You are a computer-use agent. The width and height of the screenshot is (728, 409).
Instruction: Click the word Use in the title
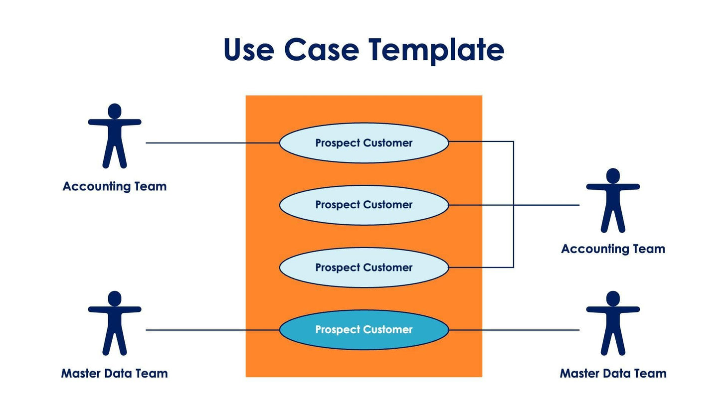click(248, 50)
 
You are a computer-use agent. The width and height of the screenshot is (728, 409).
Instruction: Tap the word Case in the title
click(321, 50)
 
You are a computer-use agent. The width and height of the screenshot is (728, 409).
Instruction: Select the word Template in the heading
click(436, 50)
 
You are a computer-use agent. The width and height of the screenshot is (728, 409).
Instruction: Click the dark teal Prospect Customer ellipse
click(364, 330)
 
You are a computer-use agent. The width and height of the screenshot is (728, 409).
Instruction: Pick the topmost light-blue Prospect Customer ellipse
click(364, 143)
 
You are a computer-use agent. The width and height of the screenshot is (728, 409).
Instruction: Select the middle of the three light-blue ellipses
click(364, 205)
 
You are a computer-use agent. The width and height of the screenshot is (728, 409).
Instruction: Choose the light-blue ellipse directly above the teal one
click(364, 268)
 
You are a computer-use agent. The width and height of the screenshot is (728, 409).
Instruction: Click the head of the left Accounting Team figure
click(115, 111)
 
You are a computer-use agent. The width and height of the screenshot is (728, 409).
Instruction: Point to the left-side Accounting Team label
click(115, 186)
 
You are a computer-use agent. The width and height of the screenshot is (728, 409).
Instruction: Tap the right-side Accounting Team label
click(613, 249)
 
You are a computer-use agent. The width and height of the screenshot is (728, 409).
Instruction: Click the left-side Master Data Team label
click(115, 373)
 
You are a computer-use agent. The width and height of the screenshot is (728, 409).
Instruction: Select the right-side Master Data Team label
click(613, 373)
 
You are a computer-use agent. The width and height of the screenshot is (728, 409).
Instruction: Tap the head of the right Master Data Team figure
click(613, 298)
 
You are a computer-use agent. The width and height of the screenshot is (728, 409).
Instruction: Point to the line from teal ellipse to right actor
click(514, 330)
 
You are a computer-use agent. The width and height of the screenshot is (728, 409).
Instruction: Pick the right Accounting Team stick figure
click(613, 202)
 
